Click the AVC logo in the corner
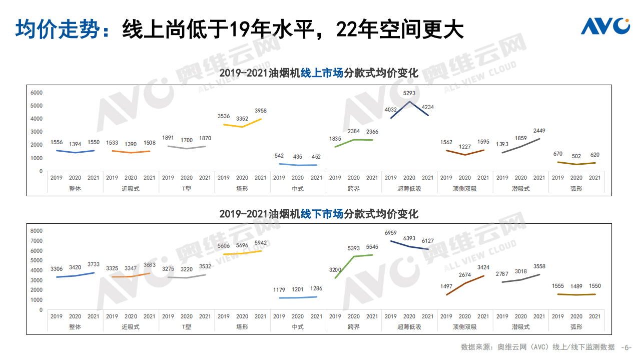tap(605, 26)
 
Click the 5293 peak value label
tap(409, 93)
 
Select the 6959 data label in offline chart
tap(391, 233)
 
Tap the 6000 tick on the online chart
tap(37, 93)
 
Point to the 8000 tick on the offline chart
tap(37, 231)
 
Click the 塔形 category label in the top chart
tap(242, 189)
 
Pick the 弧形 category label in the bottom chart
tap(576, 327)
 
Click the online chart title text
tap(319, 73)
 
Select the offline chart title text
tap(319, 214)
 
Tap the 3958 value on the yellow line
tap(261, 110)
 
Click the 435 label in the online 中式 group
tap(298, 157)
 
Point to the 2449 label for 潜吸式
tap(539, 131)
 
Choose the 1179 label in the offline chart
tap(279, 290)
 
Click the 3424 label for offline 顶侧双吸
tap(483, 268)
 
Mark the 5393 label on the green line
tap(354, 248)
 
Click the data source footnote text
tap(537, 347)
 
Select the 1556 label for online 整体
tap(57, 143)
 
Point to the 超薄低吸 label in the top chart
tap(409, 189)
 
